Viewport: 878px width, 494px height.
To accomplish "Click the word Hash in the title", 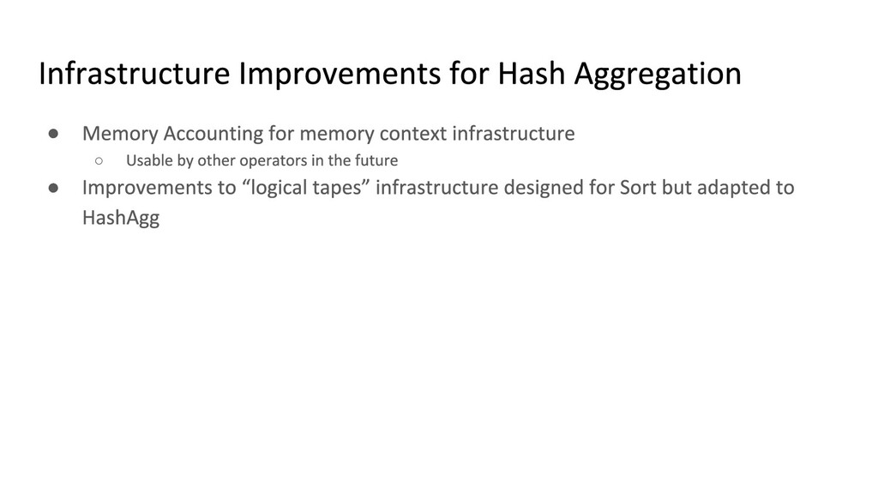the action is click(x=532, y=74).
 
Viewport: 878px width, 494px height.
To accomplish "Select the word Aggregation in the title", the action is click(x=658, y=75).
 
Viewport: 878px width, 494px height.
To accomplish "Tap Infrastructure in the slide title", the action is click(x=135, y=74).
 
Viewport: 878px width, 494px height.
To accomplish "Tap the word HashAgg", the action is click(x=121, y=218).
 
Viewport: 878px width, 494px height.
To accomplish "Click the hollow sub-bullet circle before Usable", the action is click(x=99, y=161).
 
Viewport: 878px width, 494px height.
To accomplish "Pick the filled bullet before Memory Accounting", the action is click(x=54, y=133).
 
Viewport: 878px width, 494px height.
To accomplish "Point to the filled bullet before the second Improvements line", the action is click(x=54, y=188).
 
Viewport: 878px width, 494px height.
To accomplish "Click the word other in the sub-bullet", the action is click(x=216, y=160).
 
